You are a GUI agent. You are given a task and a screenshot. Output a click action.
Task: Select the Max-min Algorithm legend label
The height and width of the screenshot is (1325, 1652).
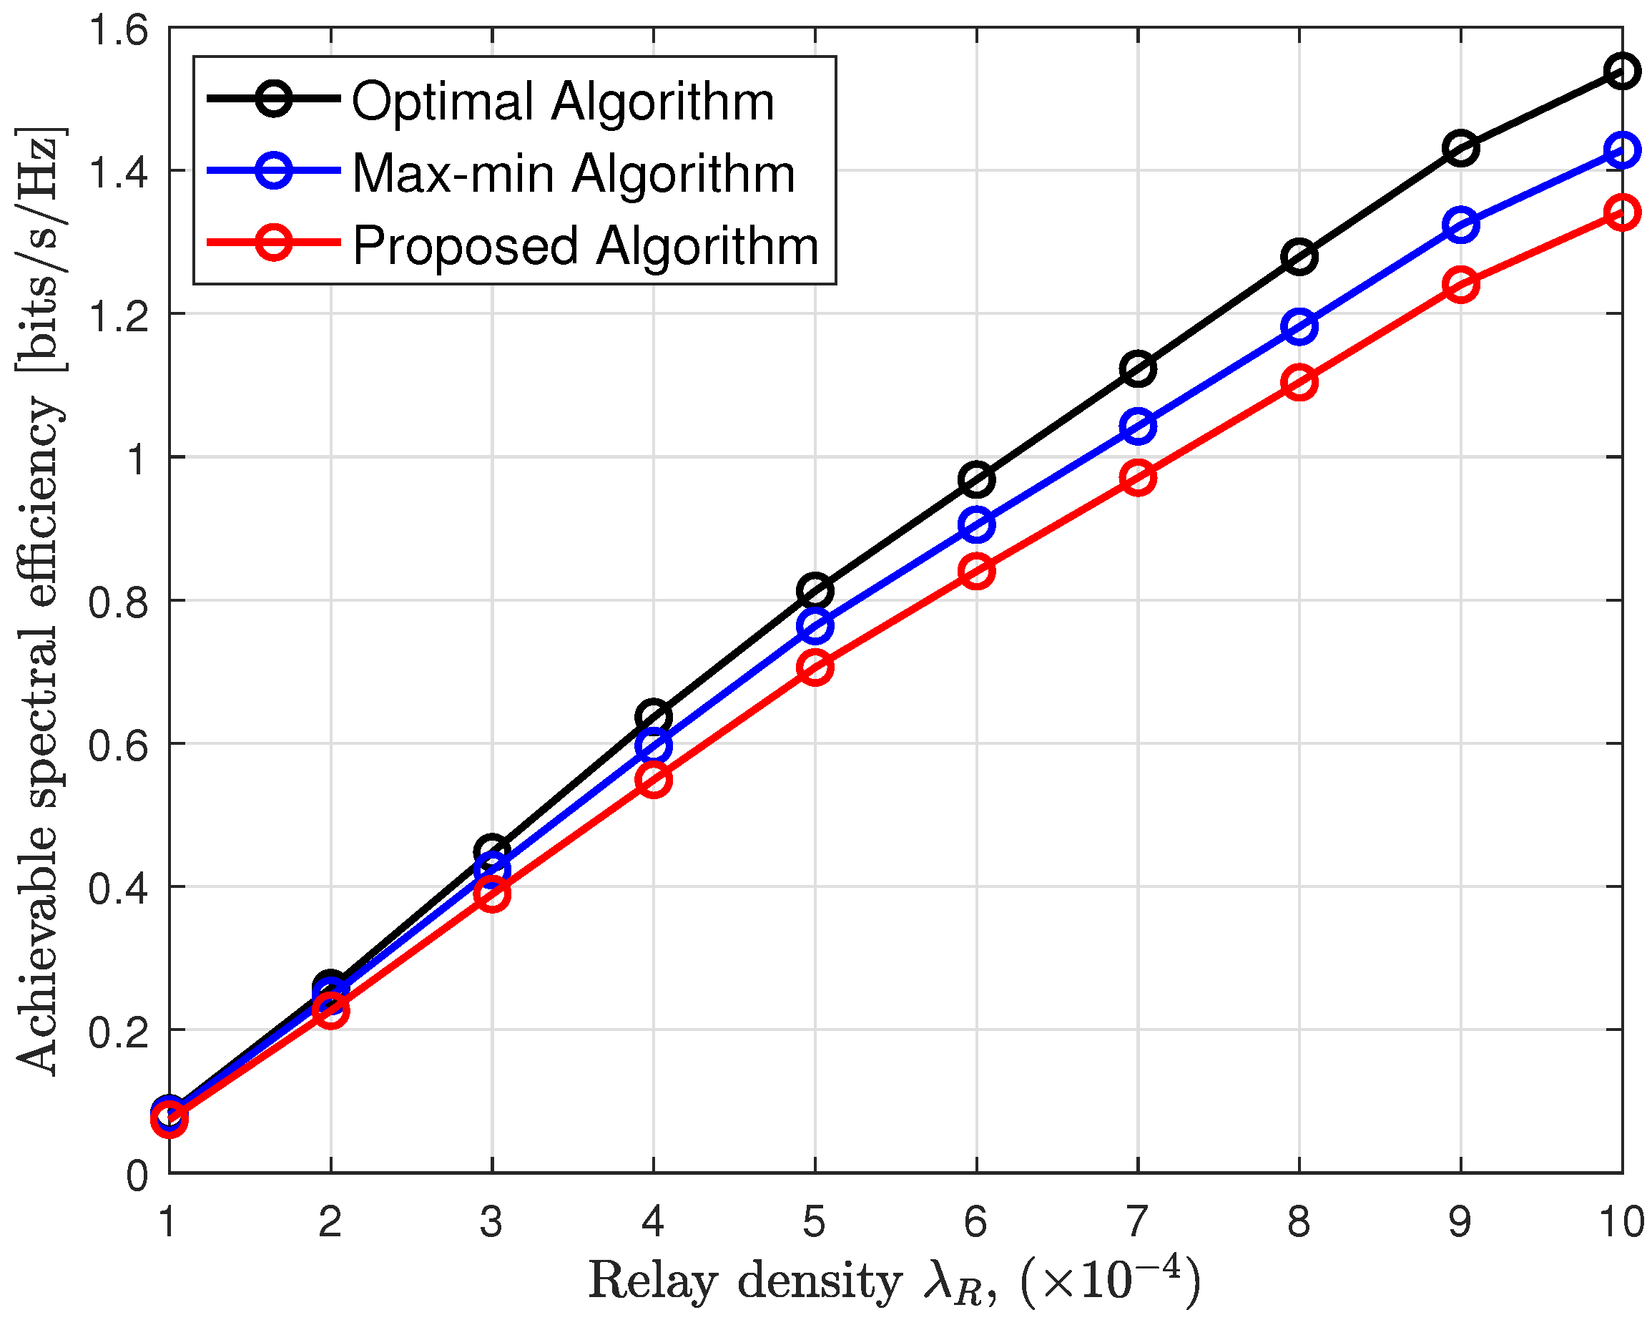[573, 173]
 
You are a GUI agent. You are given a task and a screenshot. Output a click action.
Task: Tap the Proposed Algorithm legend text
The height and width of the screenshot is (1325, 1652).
[586, 246]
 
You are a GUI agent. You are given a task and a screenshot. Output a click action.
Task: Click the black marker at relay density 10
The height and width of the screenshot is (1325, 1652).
[1622, 72]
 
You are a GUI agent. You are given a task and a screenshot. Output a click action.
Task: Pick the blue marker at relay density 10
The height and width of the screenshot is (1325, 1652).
[1622, 150]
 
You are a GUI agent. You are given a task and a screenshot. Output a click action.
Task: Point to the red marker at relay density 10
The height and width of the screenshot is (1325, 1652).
[1622, 212]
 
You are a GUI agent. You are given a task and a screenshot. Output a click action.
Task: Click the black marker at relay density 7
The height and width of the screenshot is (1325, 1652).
[1138, 368]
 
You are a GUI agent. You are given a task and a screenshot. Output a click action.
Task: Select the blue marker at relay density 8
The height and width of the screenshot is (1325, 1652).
[1299, 326]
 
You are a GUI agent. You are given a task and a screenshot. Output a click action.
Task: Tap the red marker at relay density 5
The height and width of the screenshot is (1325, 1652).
[815, 668]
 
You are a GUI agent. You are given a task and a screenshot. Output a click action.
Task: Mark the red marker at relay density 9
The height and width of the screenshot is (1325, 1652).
[1461, 285]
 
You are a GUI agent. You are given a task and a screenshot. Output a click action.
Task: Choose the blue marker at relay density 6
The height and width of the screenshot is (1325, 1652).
[977, 524]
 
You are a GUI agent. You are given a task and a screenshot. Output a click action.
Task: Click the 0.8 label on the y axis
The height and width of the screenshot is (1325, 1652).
[118, 602]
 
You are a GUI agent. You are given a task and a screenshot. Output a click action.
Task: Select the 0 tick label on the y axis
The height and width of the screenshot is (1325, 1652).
[137, 1175]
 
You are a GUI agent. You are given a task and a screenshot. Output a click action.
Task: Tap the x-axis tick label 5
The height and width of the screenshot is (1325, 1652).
[815, 1221]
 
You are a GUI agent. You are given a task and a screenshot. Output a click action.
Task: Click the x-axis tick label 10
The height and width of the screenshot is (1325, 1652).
[1621, 1221]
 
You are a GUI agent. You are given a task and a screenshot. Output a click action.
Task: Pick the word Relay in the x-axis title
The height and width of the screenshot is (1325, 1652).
[653, 1281]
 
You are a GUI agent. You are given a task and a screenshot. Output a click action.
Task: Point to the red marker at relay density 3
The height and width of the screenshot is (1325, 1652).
[492, 894]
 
